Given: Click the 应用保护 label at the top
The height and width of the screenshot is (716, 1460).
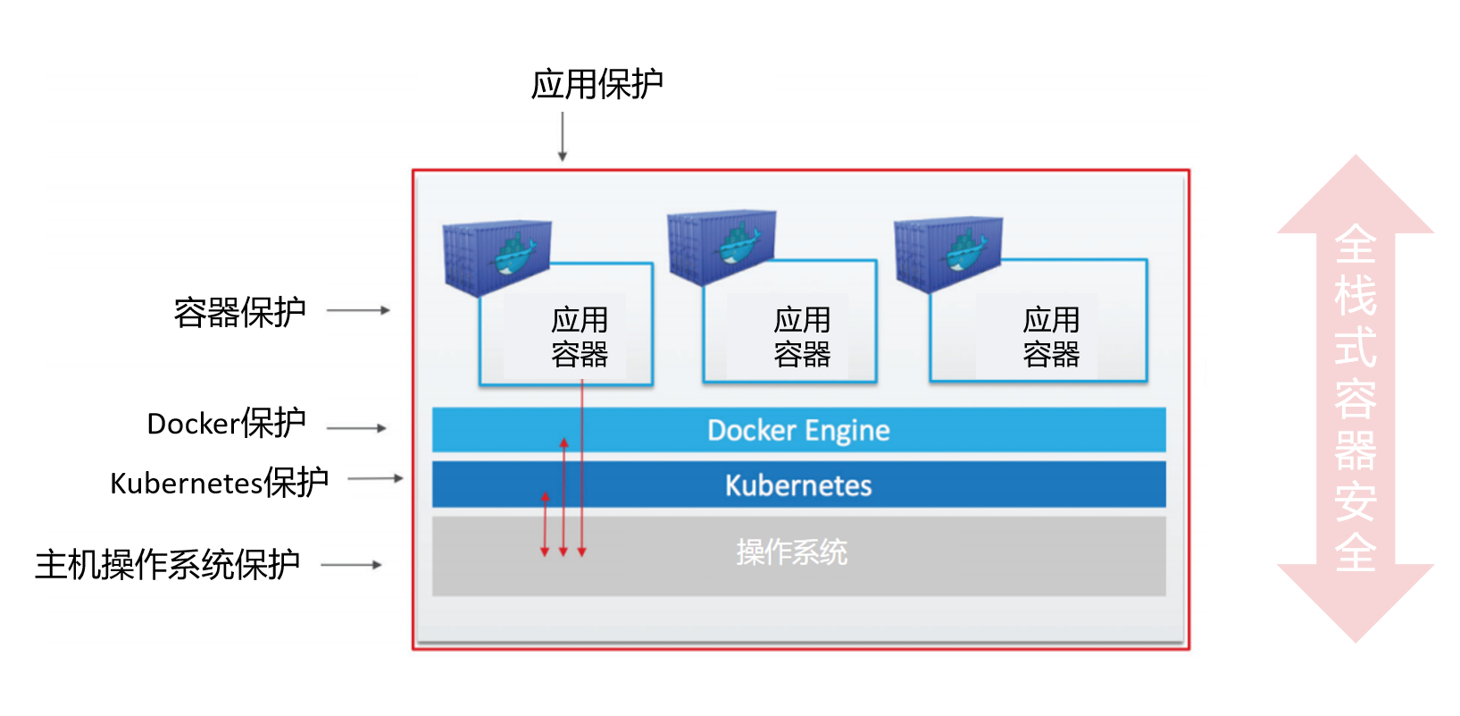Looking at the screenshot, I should tap(597, 84).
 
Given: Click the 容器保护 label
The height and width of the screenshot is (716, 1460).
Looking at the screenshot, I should tap(239, 312).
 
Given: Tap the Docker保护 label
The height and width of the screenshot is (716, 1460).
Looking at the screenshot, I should tap(226, 423).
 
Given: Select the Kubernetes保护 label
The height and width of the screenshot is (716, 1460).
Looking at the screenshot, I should tap(219, 483).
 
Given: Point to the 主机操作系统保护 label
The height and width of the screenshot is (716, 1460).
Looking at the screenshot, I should tap(167, 564).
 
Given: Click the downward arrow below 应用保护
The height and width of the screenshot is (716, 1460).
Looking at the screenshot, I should tap(563, 137).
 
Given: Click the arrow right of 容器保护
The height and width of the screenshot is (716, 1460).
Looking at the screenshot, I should tap(358, 310).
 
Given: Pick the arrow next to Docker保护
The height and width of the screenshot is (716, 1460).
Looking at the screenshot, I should tap(356, 428).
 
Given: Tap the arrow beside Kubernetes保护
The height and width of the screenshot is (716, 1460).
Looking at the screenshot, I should tap(375, 478).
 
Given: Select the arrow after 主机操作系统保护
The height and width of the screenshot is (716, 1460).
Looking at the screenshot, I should tap(351, 565).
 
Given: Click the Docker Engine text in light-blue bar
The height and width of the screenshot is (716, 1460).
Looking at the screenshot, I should tap(798, 431).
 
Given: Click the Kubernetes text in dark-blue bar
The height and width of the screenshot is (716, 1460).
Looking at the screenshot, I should tap(798, 485).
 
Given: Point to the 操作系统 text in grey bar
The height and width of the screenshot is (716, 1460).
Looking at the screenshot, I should tap(791, 552).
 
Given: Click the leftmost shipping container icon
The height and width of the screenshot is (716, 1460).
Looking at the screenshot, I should tap(496, 257).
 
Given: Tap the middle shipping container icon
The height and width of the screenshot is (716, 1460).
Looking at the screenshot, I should tap(722, 247).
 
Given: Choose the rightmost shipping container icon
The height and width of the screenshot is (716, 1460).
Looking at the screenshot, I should tap(948, 253).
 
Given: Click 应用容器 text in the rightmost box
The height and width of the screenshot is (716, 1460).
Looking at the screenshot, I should tap(1051, 337).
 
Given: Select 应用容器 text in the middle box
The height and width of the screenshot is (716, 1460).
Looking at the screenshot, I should tap(802, 337).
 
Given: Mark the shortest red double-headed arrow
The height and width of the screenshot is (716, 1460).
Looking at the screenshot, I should tap(545, 524).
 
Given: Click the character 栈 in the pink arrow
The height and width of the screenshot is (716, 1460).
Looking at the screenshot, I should tap(1356, 296).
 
